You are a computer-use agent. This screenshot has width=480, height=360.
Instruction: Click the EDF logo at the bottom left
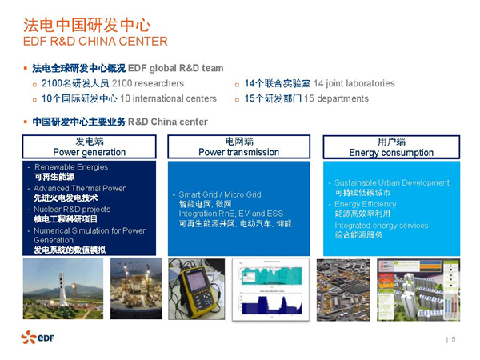38,337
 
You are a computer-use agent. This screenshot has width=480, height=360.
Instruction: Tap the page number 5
454,339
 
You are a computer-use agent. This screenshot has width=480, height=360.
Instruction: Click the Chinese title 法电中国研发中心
87,25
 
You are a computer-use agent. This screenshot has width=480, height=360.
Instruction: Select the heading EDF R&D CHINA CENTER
95,42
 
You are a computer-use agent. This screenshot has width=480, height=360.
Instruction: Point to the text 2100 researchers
147,83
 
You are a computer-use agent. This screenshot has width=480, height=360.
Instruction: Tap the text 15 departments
337,98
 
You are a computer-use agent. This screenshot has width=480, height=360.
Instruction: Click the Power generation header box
89,146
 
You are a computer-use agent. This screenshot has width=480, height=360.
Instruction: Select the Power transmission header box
238,146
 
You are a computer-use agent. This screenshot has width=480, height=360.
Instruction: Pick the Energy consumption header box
391,147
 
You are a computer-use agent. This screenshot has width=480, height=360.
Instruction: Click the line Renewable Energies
71,167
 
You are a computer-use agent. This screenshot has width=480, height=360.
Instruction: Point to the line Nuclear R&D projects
72,210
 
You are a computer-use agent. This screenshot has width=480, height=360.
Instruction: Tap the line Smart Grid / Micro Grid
220,194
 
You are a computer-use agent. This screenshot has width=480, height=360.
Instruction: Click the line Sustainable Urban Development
392,182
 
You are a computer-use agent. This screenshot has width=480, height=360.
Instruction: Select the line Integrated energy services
381,226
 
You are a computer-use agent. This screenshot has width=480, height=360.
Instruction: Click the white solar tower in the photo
62,289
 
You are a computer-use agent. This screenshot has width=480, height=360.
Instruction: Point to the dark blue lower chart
271,305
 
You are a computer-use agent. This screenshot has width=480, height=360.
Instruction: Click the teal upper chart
272,275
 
